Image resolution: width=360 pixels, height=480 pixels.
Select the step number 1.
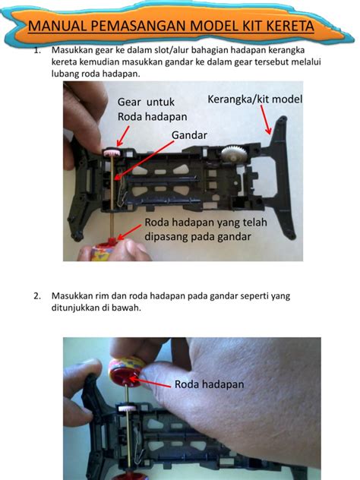[36, 51]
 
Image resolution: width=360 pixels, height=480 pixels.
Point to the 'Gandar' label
[189, 134]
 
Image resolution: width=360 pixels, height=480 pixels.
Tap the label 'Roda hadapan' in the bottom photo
[209, 384]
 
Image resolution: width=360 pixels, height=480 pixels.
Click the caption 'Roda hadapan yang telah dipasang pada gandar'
[198, 229]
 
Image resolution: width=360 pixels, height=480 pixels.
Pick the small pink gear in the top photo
[111, 155]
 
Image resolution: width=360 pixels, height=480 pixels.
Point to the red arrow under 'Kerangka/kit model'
[266, 118]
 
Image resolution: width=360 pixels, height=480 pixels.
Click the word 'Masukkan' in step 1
[74, 51]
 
